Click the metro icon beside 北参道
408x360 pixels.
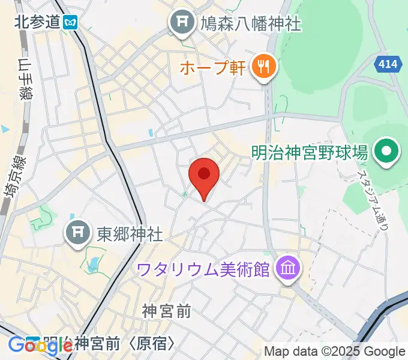(71, 22)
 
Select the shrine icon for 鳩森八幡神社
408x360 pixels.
(181, 23)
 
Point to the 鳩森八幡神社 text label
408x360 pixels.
(250, 23)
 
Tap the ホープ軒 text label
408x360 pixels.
(212, 66)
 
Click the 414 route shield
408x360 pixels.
(388, 63)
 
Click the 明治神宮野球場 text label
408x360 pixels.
(309, 152)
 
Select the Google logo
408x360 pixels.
(33, 345)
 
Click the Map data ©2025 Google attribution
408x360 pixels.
(334, 352)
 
